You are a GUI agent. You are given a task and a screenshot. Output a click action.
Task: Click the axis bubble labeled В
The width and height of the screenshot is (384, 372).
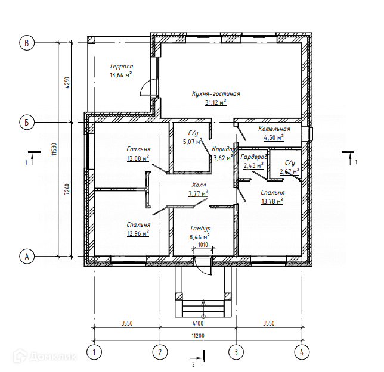27,43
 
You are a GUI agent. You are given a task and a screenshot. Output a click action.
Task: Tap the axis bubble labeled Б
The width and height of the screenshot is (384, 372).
27,122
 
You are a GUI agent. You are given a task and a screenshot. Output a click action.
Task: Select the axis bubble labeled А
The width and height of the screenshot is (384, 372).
27,256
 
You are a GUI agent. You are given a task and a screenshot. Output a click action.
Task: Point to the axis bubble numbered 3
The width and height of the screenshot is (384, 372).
236,352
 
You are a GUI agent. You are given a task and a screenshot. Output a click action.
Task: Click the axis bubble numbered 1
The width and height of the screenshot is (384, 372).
94,352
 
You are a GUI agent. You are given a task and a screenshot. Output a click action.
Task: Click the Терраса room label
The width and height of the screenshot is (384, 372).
121,66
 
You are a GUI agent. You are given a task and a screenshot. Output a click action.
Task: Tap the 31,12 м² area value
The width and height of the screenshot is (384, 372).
215,102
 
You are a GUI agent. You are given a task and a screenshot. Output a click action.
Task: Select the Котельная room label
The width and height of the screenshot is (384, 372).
274,129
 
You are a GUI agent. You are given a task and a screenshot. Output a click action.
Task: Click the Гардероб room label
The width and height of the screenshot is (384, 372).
254,157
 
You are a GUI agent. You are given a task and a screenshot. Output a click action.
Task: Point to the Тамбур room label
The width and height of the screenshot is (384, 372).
200,229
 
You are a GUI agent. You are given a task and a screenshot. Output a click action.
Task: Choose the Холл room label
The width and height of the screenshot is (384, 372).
199,185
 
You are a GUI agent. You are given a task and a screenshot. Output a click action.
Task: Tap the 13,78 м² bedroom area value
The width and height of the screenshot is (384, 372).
272,201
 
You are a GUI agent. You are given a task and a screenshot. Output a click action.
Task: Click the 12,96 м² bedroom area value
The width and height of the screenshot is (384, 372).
138,233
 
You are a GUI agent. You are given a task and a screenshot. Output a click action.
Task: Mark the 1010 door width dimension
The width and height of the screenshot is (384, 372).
203,245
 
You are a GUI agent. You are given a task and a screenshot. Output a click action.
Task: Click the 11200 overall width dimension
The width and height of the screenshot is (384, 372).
198,336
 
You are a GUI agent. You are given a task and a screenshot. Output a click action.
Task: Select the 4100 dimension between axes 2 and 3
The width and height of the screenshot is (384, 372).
198,323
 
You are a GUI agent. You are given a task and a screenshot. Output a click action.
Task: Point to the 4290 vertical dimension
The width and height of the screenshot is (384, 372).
67,83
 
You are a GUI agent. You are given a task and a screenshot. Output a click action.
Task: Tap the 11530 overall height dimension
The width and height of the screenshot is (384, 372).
54,149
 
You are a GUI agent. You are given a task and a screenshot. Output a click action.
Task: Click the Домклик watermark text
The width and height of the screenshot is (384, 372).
53,357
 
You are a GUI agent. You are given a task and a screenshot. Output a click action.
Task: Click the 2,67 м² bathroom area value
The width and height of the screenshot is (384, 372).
289,171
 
